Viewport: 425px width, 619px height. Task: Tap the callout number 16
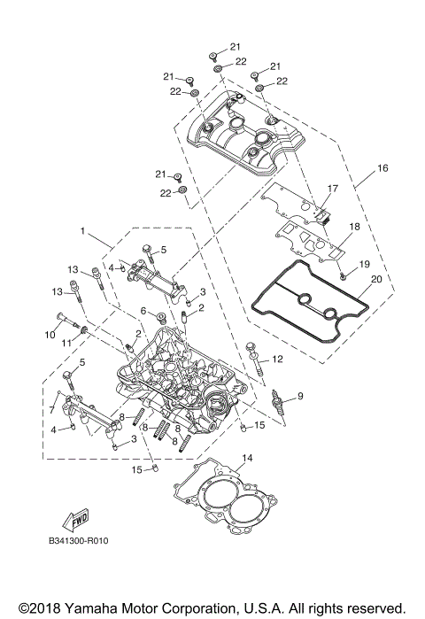pos(382,166)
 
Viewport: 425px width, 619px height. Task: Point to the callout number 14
pos(248,458)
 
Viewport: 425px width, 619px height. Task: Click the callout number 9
pos(300,395)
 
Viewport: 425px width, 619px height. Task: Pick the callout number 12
pos(276,359)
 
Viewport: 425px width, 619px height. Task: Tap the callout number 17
pos(333,189)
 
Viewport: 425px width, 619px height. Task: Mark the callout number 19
pos(363,264)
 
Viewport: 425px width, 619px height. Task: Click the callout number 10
pos(50,335)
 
